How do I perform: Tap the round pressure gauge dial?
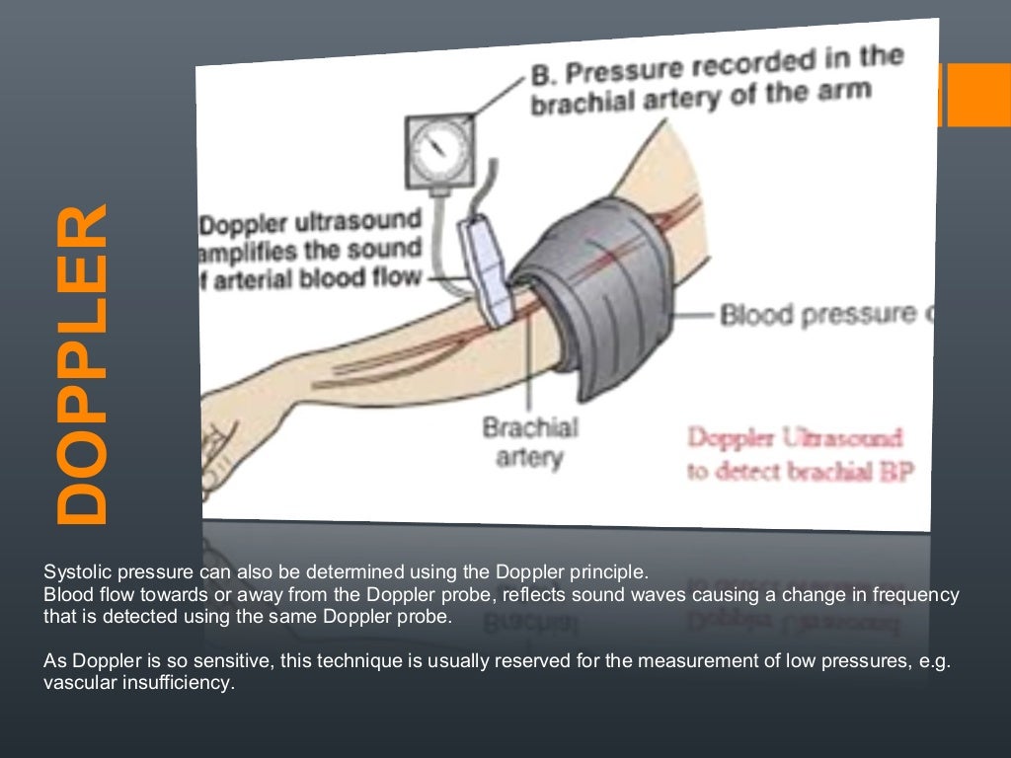click(x=436, y=150)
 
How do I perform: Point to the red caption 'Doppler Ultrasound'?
click(x=794, y=438)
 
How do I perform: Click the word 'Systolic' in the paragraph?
click(x=72, y=571)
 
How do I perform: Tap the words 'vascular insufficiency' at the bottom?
click(x=138, y=681)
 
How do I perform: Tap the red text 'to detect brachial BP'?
click(x=800, y=472)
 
